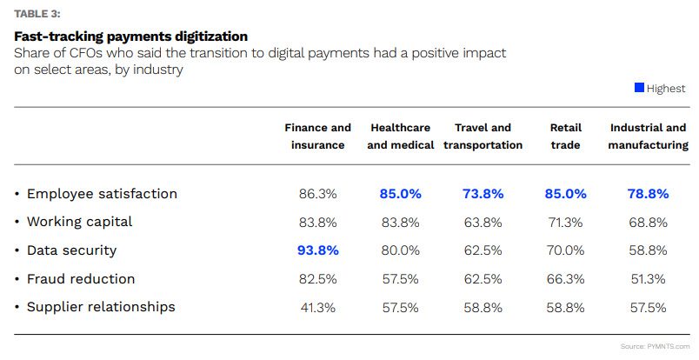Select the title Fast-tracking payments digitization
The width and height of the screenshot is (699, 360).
[131, 36]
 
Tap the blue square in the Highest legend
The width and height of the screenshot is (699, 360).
[639, 88]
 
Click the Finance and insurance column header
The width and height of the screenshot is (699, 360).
[318, 137]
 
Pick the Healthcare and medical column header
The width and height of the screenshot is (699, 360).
[401, 137]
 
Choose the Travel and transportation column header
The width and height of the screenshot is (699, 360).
[483, 137]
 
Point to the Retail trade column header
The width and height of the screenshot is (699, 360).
[565, 137]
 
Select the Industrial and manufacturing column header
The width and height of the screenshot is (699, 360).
[649, 137]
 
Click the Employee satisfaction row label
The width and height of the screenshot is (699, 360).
[102, 194]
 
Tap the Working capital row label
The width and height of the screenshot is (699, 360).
[79, 222]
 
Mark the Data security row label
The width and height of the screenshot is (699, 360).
[71, 250]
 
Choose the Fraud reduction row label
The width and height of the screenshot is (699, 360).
[81, 279]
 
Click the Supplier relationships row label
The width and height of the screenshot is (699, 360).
[101, 307]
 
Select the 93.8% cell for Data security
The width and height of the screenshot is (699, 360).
[318, 250]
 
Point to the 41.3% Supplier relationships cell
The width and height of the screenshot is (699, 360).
[318, 307]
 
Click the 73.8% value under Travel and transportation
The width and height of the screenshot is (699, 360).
[483, 194]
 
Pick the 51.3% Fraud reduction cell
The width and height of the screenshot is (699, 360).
[649, 279]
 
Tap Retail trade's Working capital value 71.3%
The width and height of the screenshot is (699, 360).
[565, 222]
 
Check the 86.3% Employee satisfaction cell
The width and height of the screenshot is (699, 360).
[318, 194]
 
